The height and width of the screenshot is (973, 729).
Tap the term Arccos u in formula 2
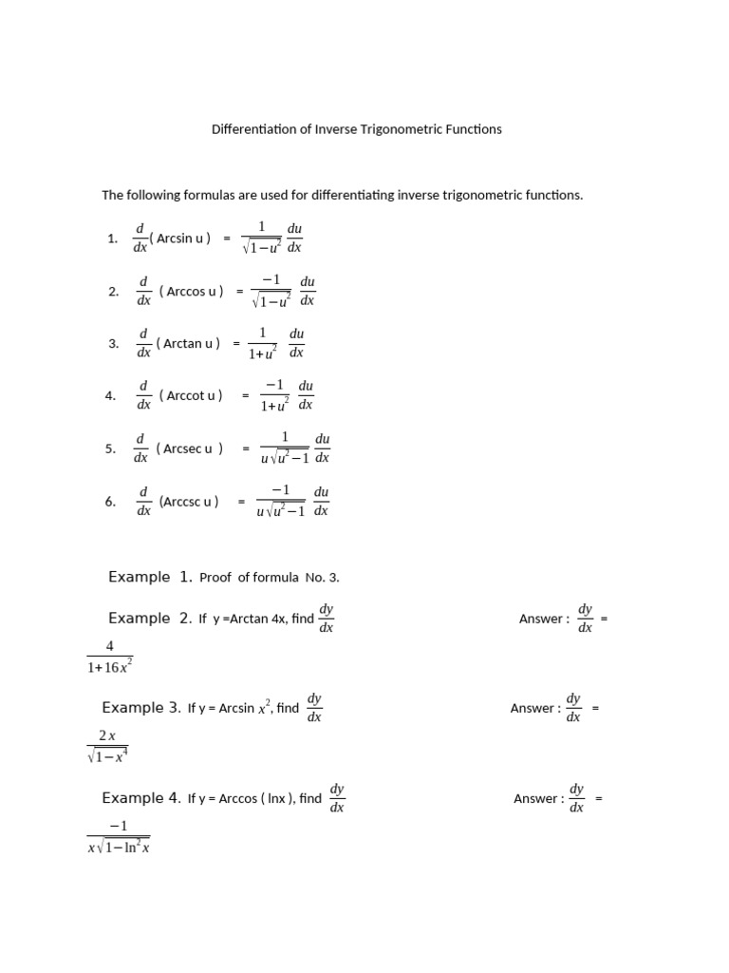193,292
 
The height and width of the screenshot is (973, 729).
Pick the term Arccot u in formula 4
192,395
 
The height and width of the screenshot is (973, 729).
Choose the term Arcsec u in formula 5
190,448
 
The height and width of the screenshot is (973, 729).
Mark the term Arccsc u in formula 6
189,501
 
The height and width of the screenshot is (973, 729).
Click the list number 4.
110,395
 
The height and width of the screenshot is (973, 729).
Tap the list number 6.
110,501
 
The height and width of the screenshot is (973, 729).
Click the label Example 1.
151,577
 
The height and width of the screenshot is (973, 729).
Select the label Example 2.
151,618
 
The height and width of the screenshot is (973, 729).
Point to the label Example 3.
140,708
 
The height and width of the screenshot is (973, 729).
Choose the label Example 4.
140,798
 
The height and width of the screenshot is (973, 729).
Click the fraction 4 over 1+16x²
109,657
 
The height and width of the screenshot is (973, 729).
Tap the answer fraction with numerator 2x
106,746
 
